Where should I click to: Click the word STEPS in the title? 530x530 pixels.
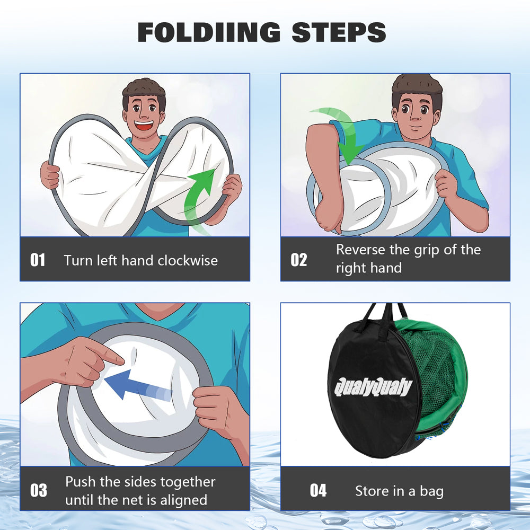[x=338, y=32]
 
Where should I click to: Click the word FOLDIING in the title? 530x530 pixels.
[x=209, y=32]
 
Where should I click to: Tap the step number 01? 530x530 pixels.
[x=38, y=260]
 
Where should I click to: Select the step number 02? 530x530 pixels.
[x=299, y=260]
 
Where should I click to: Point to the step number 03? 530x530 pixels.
[x=39, y=490]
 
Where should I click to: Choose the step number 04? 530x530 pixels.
[x=318, y=490]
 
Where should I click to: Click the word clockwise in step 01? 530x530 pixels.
[x=188, y=260]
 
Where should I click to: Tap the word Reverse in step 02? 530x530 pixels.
[x=360, y=250]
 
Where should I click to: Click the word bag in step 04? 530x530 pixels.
[x=431, y=491]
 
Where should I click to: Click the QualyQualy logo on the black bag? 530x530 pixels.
[x=373, y=387]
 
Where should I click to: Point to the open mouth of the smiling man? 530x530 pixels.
[x=144, y=126]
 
